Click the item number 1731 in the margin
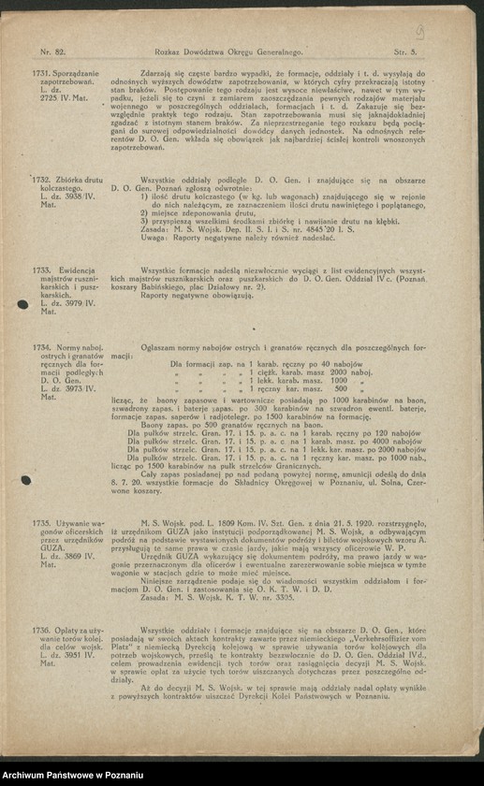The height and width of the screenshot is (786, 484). (40, 72)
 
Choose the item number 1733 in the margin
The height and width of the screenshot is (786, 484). (40, 269)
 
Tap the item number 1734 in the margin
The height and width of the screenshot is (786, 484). (40, 347)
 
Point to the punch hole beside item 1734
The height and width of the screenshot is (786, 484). (26, 480)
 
